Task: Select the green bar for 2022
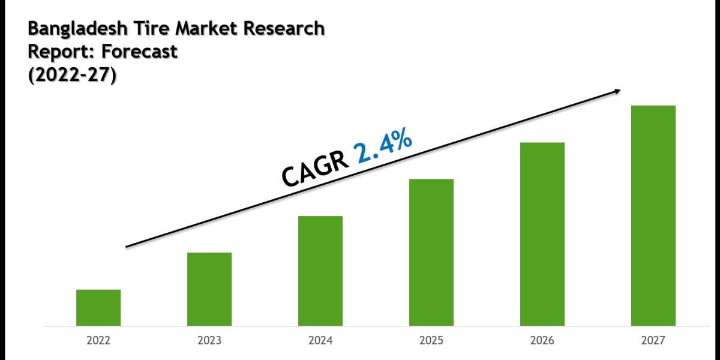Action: coord(98,308)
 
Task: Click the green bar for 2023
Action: coord(209,289)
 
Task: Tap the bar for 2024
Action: coord(320,271)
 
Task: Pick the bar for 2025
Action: coord(431,253)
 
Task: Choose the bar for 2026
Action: coord(542,234)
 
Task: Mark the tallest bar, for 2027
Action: coord(653,216)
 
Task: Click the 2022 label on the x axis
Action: coord(98,341)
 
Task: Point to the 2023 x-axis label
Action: coord(209,341)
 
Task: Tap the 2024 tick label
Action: coord(320,341)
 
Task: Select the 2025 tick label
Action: coord(431,341)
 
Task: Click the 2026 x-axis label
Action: coord(542,341)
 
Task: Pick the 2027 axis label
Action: coord(653,341)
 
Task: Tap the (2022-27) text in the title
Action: coord(71,76)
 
